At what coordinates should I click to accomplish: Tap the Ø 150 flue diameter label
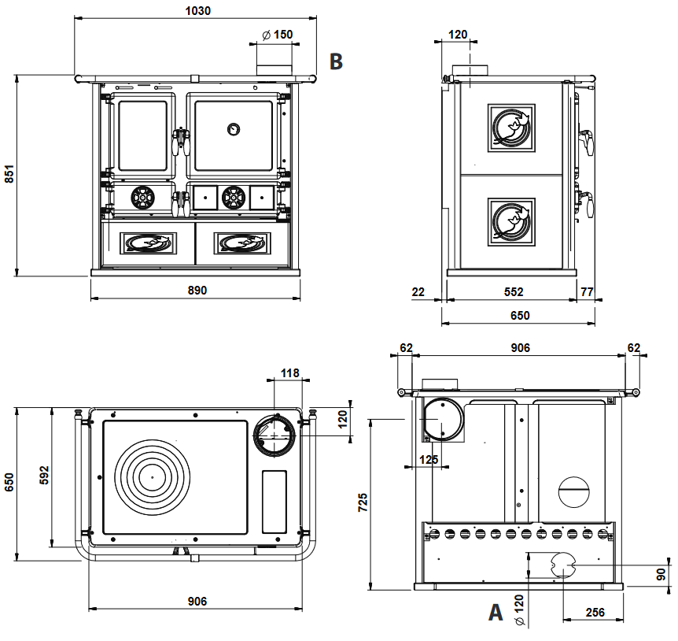pyautogui.click(x=276, y=35)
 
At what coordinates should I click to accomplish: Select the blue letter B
pyautogui.click(x=336, y=61)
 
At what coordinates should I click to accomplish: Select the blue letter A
pyautogui.click(x=495, y=613)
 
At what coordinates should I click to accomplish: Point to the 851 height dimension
pyautogui.click(x=9, y=174)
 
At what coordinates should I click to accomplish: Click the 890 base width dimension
pyautogui.click(x=197, y=291)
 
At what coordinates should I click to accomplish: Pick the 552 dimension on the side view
pyautogui.click(x=513, y=291)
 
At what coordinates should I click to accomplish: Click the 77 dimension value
pyautogui.click(x=587, y=291)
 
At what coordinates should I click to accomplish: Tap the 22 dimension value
pyautogui.click(x=418, y=291)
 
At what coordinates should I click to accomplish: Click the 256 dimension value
pyautogui.click(x=595, y=612)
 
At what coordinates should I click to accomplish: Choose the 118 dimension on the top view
pyautogui.click(x=289, y=373)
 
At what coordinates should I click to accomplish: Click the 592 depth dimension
pyautogui.click(x=44, y=476)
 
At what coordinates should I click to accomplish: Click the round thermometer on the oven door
pyautogui.click(x=234, y=129)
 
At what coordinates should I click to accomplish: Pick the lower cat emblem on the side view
pyautogui.click(x=511, y=220)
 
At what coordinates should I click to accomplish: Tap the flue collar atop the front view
pyautogui.click(x=275, y=65)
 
